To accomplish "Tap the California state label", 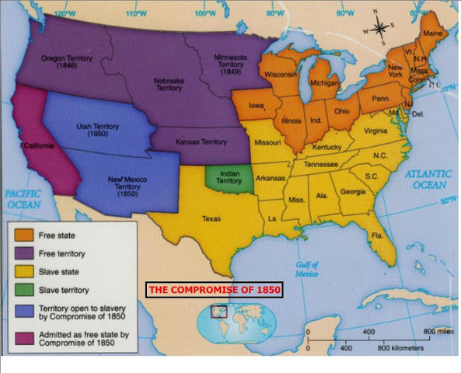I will [x=39, y=145].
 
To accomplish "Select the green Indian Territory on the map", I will [x=229, y=178].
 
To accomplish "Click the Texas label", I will [x=211, y=219].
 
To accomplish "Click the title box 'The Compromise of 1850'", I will [x=214, y=290].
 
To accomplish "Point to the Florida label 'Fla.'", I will [x=378, y=235].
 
